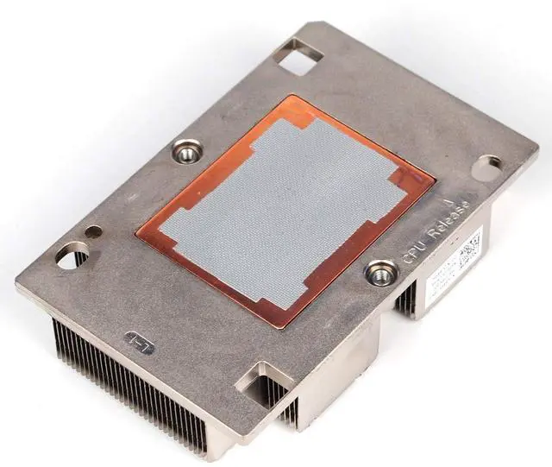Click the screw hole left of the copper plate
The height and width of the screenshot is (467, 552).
tap(184, 155)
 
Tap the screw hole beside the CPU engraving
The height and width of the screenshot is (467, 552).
tap(379, 275)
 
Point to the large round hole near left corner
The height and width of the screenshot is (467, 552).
tap(68, 255)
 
